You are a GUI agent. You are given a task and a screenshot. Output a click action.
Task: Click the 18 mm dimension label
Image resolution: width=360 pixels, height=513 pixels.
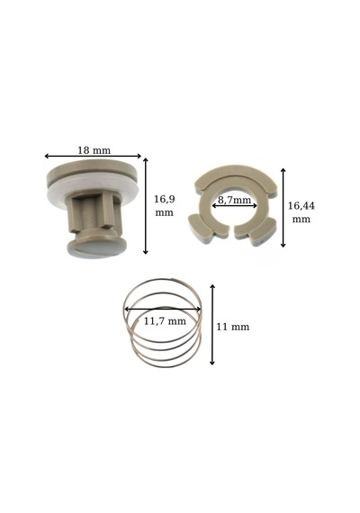(x=94, y=150)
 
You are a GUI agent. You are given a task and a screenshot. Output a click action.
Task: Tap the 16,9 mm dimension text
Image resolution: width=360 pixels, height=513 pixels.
(x=164, y=205)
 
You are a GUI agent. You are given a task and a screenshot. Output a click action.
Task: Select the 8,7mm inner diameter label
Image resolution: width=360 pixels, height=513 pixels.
(x=234, y=200)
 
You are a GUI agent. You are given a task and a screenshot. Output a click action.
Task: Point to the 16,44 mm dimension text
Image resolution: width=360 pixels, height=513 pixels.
(x=301, y=212)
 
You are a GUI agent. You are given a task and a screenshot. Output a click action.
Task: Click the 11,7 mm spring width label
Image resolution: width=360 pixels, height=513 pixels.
(x=165, y=321)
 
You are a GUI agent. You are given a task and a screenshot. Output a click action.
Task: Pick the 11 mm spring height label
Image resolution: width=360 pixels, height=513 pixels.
(x=233, y=327)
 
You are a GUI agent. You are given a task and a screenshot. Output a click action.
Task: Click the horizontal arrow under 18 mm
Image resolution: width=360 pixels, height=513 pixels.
(x=93, y=156)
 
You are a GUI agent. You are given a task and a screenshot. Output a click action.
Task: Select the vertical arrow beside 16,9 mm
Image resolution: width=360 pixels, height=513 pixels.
(x=146, y=206)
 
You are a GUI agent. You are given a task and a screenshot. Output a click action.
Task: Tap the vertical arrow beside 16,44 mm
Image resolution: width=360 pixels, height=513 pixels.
(x=283, y=208)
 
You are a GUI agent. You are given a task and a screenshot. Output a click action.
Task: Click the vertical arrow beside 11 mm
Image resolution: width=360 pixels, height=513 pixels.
(x=212, y=325)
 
